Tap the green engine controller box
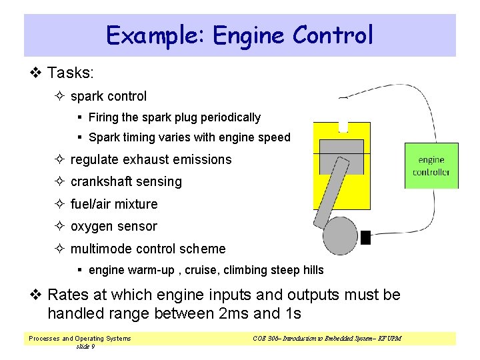[x=431, y=166]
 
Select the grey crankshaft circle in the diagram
[x=340, y=235]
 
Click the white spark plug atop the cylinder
[x=343, y=126]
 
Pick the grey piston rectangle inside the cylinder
[x=341, y=156]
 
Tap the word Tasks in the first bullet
[x=72, y=72]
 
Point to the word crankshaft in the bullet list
[x=103, y=181]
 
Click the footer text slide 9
[x=85, y=347]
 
